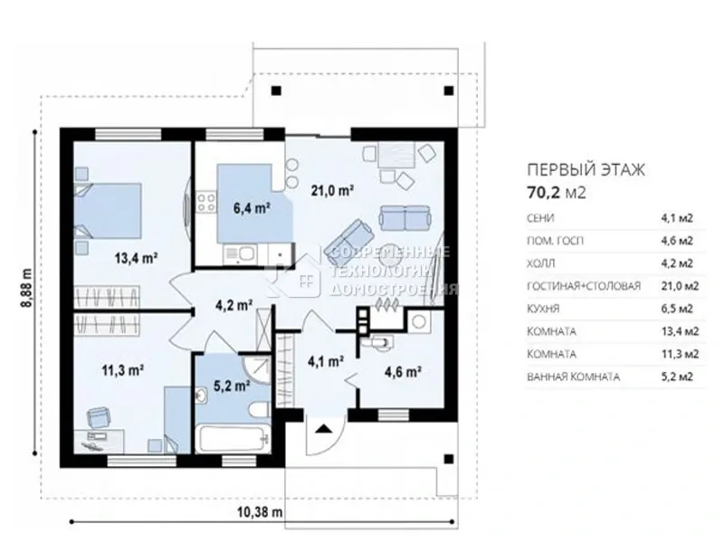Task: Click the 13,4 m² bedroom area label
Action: [x=136, y=258]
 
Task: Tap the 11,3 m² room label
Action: [x=122, y=370]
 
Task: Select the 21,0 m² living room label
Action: [x=332, y=190]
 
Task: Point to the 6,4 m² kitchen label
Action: [x=252, y=208]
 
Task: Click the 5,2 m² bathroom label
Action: [x=232, y=386]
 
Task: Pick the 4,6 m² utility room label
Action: [x=403, y=371]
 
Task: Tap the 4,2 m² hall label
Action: [x=233, y=305]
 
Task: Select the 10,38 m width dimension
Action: [x=260, y=511]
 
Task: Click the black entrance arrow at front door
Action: [x=324, y=429]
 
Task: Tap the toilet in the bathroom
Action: [x=259, y=410]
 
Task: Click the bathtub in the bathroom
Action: [x=233, y=439]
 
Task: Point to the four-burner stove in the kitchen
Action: [x=206, y=203]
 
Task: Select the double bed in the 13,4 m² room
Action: [x=109, y=211]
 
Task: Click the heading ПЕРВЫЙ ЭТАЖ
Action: [x=586, y=170]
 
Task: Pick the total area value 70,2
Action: [x=544, y=192]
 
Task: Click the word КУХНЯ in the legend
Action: [x=543, y=309]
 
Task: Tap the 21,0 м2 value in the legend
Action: [x=681, y=286]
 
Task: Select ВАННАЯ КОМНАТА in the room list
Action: [x=573, y=376]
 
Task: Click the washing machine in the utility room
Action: [x=419, y=321]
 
